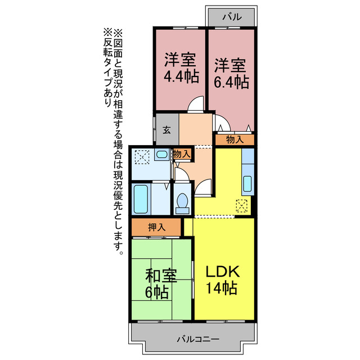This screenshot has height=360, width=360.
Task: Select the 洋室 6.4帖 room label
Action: (231, 73)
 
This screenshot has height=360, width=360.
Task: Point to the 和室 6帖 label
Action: (161, 283)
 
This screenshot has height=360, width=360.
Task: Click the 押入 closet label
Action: (156, 227)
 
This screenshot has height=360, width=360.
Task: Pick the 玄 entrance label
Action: (167, 130)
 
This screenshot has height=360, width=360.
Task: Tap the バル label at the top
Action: (231, 17)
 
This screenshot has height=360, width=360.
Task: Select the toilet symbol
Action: (182, 202)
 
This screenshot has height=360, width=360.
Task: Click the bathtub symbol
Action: (141, 199)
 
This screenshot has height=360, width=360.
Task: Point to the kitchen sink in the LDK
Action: (247, 183)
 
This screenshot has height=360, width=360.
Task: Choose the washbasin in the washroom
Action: (161, 155)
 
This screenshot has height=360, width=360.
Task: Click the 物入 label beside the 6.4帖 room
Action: (235, 139)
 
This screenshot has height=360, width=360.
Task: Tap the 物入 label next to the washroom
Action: (181, 154)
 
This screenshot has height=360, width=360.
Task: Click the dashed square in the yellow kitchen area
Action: (243, 206)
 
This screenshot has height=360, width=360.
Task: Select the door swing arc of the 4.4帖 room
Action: (195, 104)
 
